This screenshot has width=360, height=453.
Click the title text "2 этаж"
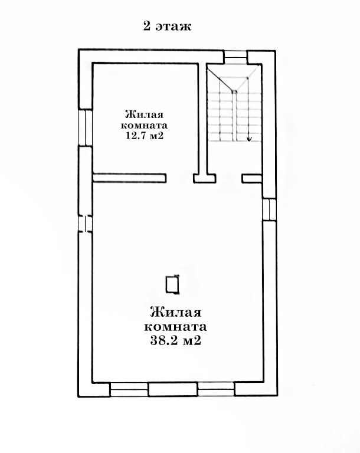point(167,27)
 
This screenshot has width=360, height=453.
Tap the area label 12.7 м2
point(144,136)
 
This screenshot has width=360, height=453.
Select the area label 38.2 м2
point(175,340)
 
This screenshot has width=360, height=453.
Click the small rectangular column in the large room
point(173,284)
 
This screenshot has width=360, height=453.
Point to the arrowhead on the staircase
point(250,139)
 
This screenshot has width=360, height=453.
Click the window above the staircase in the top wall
point(236,57)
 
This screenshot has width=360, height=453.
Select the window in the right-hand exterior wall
point(269,209)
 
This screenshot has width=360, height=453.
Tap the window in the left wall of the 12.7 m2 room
point(86,127)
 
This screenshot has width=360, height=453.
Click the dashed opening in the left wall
point(86,224)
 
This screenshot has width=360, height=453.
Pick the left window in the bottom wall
point(129,389)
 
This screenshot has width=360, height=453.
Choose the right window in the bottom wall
point(216,389)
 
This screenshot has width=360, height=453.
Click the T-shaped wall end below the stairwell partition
point(205,178)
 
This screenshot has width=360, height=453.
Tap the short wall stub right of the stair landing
point(251,178)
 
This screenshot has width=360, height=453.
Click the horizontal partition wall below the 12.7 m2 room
point(130,178)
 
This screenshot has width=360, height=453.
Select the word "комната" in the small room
point(144,126)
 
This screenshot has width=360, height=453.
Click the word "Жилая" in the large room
point(175,313)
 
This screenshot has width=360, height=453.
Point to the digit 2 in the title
point(147,27)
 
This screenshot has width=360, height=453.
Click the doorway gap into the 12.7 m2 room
point(180,178)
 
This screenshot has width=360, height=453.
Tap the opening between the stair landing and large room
point(229,178)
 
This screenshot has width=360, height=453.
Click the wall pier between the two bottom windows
point(173,389)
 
